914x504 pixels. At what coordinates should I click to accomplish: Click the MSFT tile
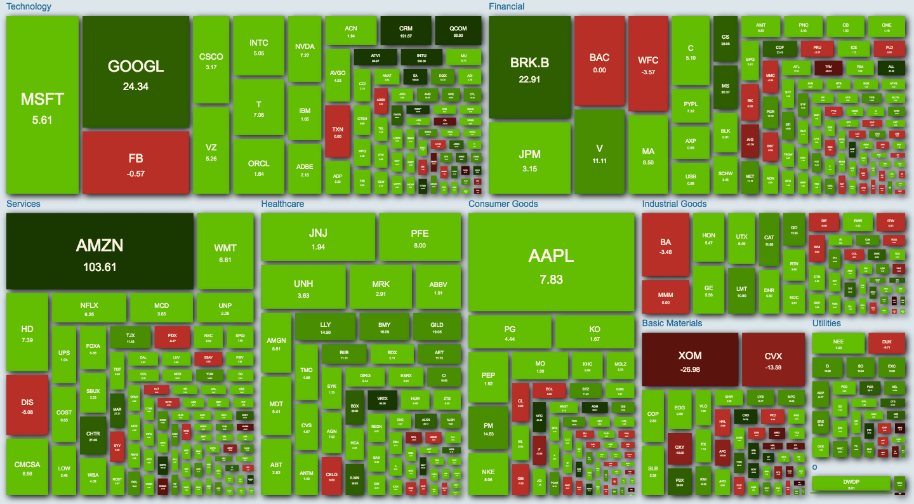click(42, 105)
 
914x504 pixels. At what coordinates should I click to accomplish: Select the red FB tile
click(136, 162)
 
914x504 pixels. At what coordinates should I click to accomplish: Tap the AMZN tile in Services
click(100, 251)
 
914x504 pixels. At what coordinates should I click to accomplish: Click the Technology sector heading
click(29, 6)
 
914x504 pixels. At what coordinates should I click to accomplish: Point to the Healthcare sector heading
click(282, 204)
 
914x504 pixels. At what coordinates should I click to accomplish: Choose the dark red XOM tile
click(690, 359)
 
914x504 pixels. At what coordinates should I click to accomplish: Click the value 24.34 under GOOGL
click(136, 86)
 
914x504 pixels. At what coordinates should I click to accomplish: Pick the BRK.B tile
click(530, 67)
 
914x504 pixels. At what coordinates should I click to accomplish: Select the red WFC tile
click(648, 64)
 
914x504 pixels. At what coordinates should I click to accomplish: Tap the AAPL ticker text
click(551, 255)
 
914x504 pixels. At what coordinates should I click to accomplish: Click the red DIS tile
click(27, 405)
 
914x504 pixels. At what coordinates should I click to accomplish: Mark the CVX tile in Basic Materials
click(772, 359)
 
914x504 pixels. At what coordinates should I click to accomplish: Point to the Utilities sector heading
click(826, 323)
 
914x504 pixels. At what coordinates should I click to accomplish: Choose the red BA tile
click(665, 244)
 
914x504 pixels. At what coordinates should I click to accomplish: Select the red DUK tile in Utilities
click(887, 343)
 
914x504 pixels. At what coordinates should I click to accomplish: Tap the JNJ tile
click(318, 237)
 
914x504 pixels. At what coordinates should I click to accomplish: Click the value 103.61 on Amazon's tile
click(100, 267)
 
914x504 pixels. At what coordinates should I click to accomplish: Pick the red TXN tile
click(338, 131)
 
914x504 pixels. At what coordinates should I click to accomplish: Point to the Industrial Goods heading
click(674, 204)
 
